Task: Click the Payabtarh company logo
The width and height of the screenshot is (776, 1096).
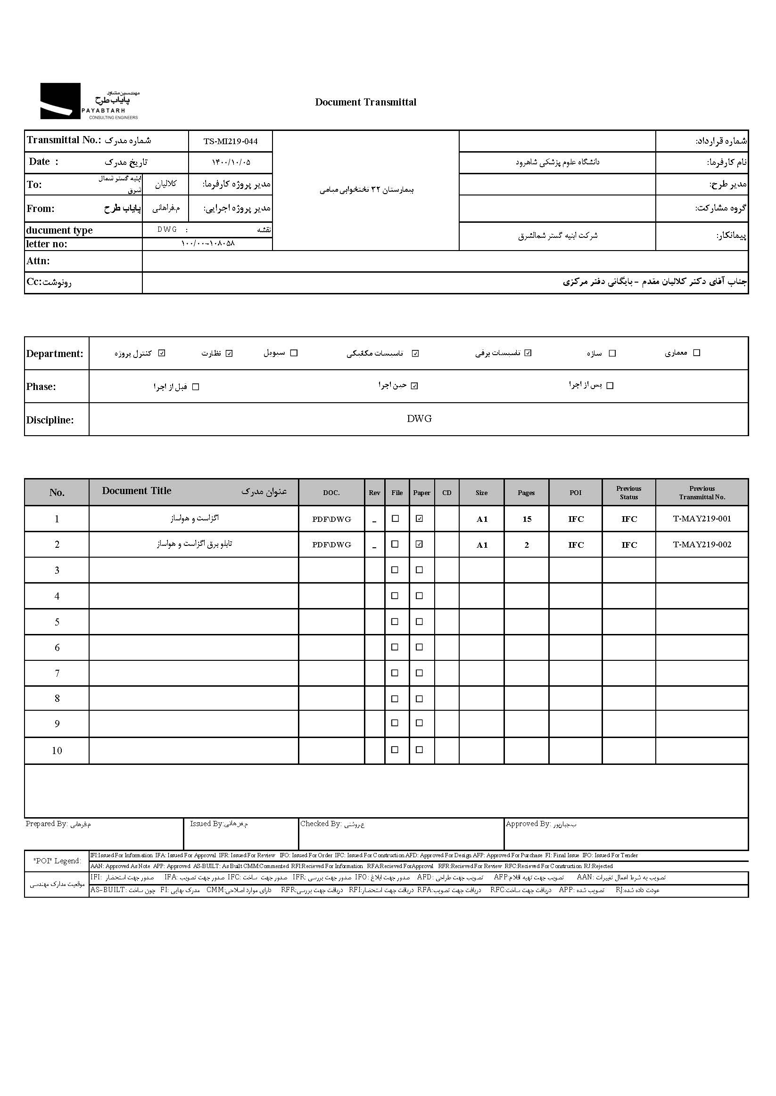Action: pos(90,101)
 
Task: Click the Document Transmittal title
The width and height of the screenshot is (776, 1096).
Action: pos(365,102)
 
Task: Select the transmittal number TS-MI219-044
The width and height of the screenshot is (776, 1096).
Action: pos(231,141)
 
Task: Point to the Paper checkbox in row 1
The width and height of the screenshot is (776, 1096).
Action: pos(419,519)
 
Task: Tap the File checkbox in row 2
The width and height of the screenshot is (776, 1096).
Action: pos(395,544)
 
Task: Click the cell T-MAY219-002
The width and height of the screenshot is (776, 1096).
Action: pos(702,544)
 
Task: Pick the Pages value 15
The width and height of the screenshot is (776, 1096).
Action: pos(527,520)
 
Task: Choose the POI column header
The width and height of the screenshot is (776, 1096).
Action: pos(575,493)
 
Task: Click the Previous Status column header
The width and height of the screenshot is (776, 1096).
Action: pos(628,493)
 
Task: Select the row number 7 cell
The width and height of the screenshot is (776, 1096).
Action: pos(57,674)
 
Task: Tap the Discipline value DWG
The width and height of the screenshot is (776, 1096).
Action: pos(419,419)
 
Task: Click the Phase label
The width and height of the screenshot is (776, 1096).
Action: pos(41,387)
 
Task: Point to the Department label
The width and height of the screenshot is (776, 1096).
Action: pos(55,354)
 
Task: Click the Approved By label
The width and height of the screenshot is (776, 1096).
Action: pos(528,824)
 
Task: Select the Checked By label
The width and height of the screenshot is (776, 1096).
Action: pos(321,824)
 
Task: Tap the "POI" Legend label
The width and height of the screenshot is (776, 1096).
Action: pos(57,861)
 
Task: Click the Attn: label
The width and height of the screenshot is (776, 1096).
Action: pos(38,261)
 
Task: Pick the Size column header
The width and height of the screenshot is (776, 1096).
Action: pos(481,493)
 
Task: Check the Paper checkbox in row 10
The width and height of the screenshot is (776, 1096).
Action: pos(419,750)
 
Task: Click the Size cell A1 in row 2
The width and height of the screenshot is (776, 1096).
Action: pos(482,545)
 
